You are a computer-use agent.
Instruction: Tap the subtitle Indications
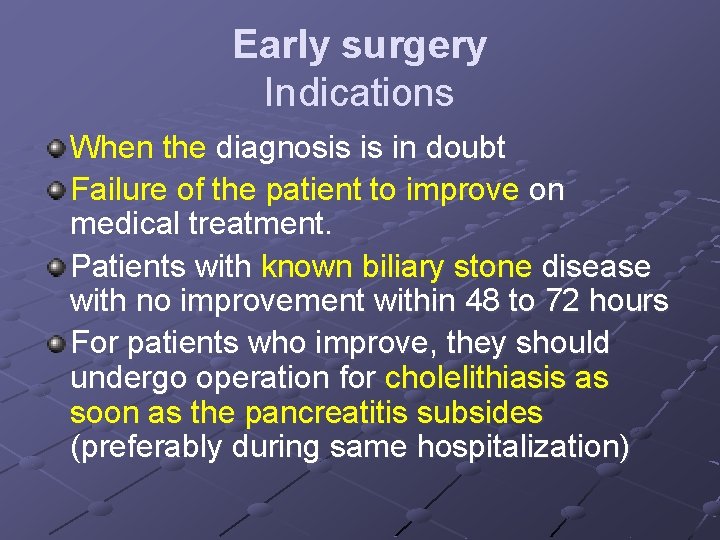tap(359, 93)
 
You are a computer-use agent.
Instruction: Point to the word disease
tap(595, 267)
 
